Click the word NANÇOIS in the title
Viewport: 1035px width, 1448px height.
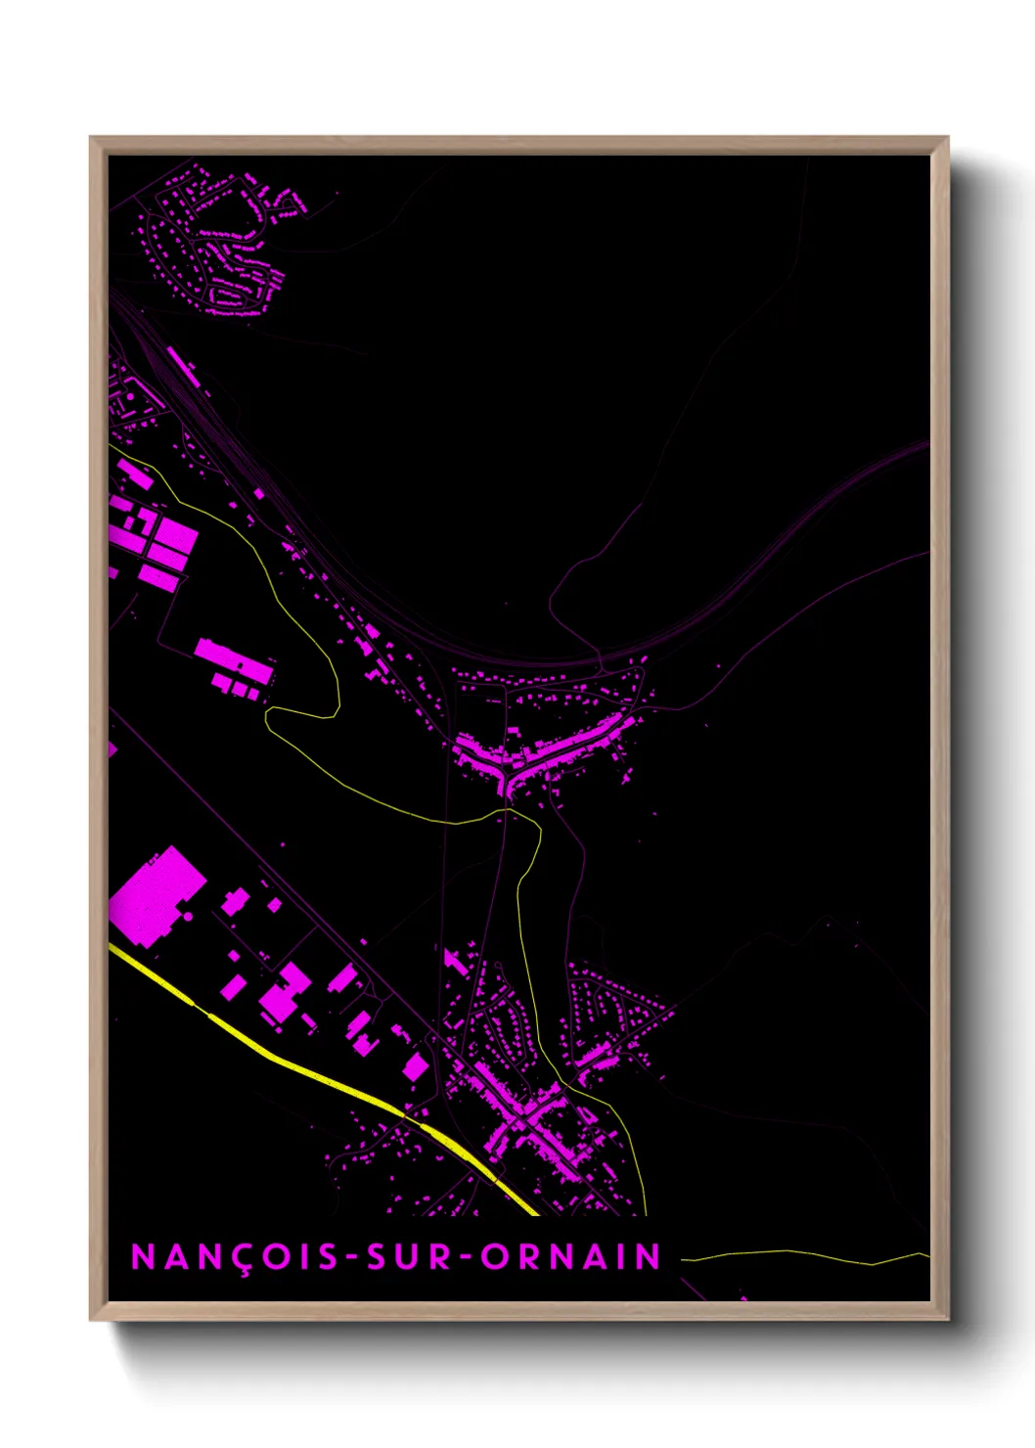tap(235, 1257)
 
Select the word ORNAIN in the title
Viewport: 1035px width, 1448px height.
tap(571, 1257)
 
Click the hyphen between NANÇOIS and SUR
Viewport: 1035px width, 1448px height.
tap(351, 1258)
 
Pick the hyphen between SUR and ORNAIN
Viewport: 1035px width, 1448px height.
tap(467, 1258)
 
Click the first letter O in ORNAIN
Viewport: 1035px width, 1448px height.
tap(494, 1257)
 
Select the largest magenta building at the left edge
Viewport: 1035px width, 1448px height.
tap(155, 896)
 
